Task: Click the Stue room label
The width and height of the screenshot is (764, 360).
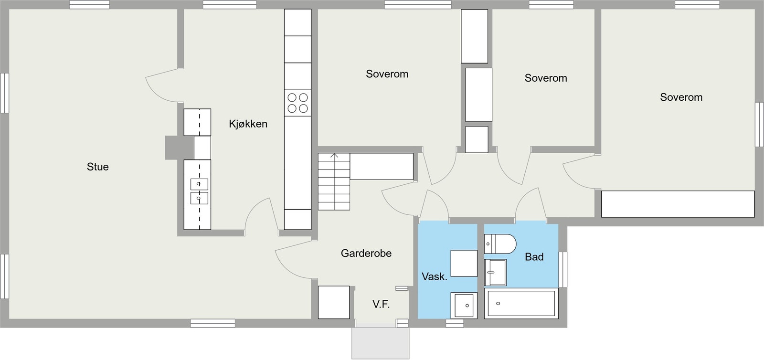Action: (97, 167)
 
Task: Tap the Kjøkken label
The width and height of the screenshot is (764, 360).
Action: (248, 124)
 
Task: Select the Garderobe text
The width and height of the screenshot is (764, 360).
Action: (366, 254)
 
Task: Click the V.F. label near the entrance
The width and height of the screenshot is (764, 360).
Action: (381, 304)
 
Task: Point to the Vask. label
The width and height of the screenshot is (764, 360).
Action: (434, 276)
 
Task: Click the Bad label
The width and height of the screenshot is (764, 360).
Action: (534, 257)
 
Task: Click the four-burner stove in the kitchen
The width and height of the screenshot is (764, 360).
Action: (297, 103)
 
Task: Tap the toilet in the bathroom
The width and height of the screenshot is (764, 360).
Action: (500, 244)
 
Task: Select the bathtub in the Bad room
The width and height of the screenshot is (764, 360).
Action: (520, 303)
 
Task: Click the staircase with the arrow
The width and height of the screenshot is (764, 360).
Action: (334, 181)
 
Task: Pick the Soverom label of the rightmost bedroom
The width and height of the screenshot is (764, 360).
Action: (681, 97)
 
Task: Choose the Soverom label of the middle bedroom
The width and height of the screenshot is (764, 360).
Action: (545, 78)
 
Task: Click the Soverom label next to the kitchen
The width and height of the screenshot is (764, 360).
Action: (387, 74)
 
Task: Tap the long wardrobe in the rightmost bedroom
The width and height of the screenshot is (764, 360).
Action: (677, 204)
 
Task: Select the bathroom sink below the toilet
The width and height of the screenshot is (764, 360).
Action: (495, 273)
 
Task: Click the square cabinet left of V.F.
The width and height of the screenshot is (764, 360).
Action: (334, 302)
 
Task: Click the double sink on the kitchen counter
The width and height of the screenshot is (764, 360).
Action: (199, 191)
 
